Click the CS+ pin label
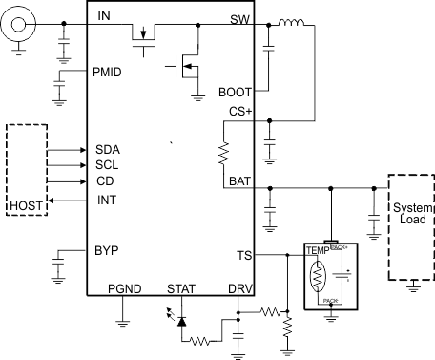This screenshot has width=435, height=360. pyautogui.click(x=239, y=112)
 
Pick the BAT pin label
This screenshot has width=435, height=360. pyautogui.click(x=240, y=180)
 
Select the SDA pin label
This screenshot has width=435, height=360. pyautogui.click(x=107, y=150)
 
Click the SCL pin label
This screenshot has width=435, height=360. pyautogui.click(x=107, y=165)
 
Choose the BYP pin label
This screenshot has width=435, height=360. pyautogui.click(x=106, y=251)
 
